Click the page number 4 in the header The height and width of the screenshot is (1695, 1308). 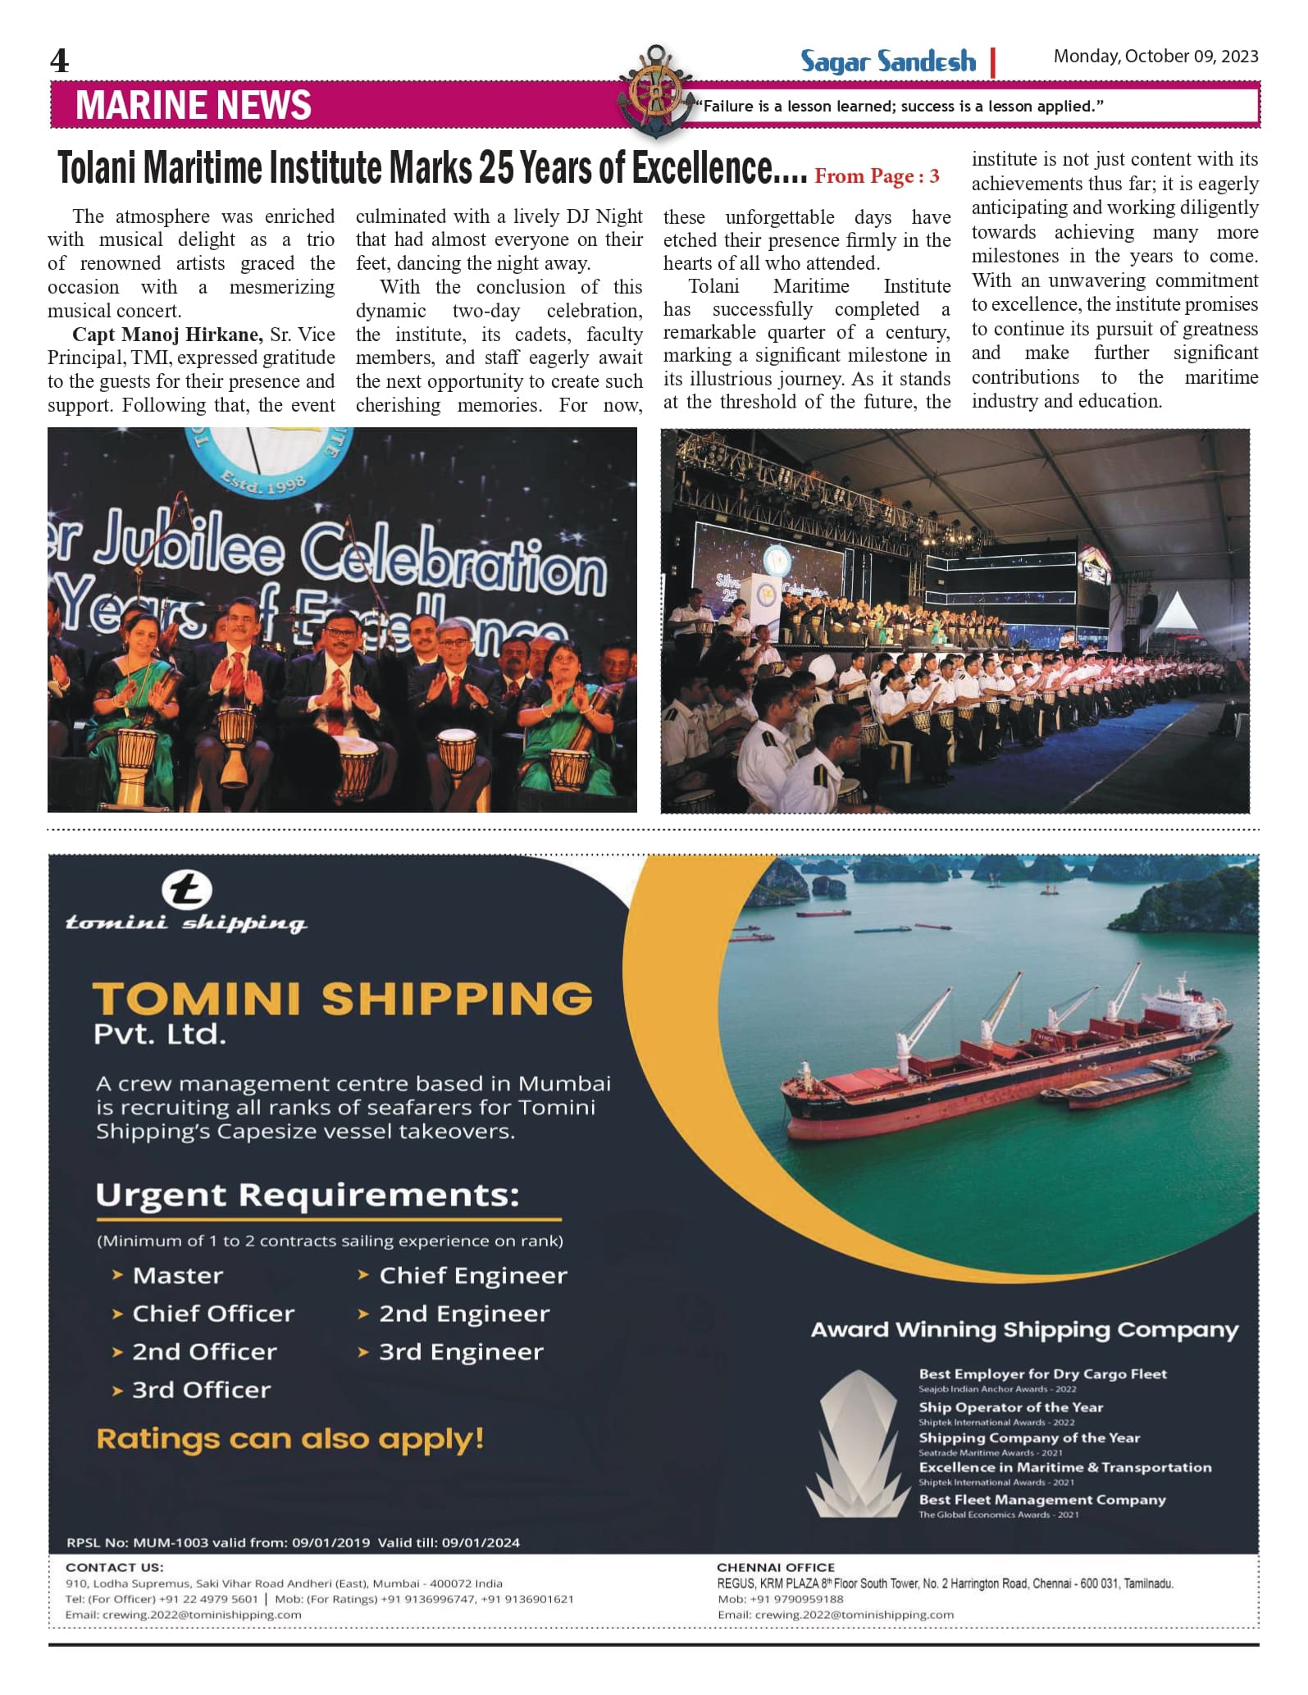pos(60,61)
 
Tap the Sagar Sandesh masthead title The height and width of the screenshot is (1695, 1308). pos(888,62)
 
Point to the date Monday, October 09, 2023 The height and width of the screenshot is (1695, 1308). pos(1155,57)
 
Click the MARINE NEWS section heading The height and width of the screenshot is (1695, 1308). pos(194,106)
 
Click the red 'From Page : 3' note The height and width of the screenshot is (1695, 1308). pos(877,176)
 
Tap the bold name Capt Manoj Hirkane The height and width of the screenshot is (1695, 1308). pos(167,335)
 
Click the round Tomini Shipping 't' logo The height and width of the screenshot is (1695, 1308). pos(186,891)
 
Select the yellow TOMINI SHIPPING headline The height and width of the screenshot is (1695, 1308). pos(342,999)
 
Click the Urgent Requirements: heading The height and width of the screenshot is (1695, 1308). pos(308,1195)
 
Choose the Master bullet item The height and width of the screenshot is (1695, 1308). pos(177,1275)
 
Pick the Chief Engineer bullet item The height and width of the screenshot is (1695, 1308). pos(472,1275)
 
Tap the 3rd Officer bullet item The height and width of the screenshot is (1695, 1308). pos(201,1389)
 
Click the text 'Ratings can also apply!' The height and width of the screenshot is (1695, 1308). pos(290,1438)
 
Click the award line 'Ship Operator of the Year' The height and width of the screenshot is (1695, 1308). pos(1010,1407)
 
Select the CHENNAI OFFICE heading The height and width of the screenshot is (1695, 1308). pos(775,1567)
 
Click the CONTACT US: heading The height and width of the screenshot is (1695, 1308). pos(114,1567)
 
